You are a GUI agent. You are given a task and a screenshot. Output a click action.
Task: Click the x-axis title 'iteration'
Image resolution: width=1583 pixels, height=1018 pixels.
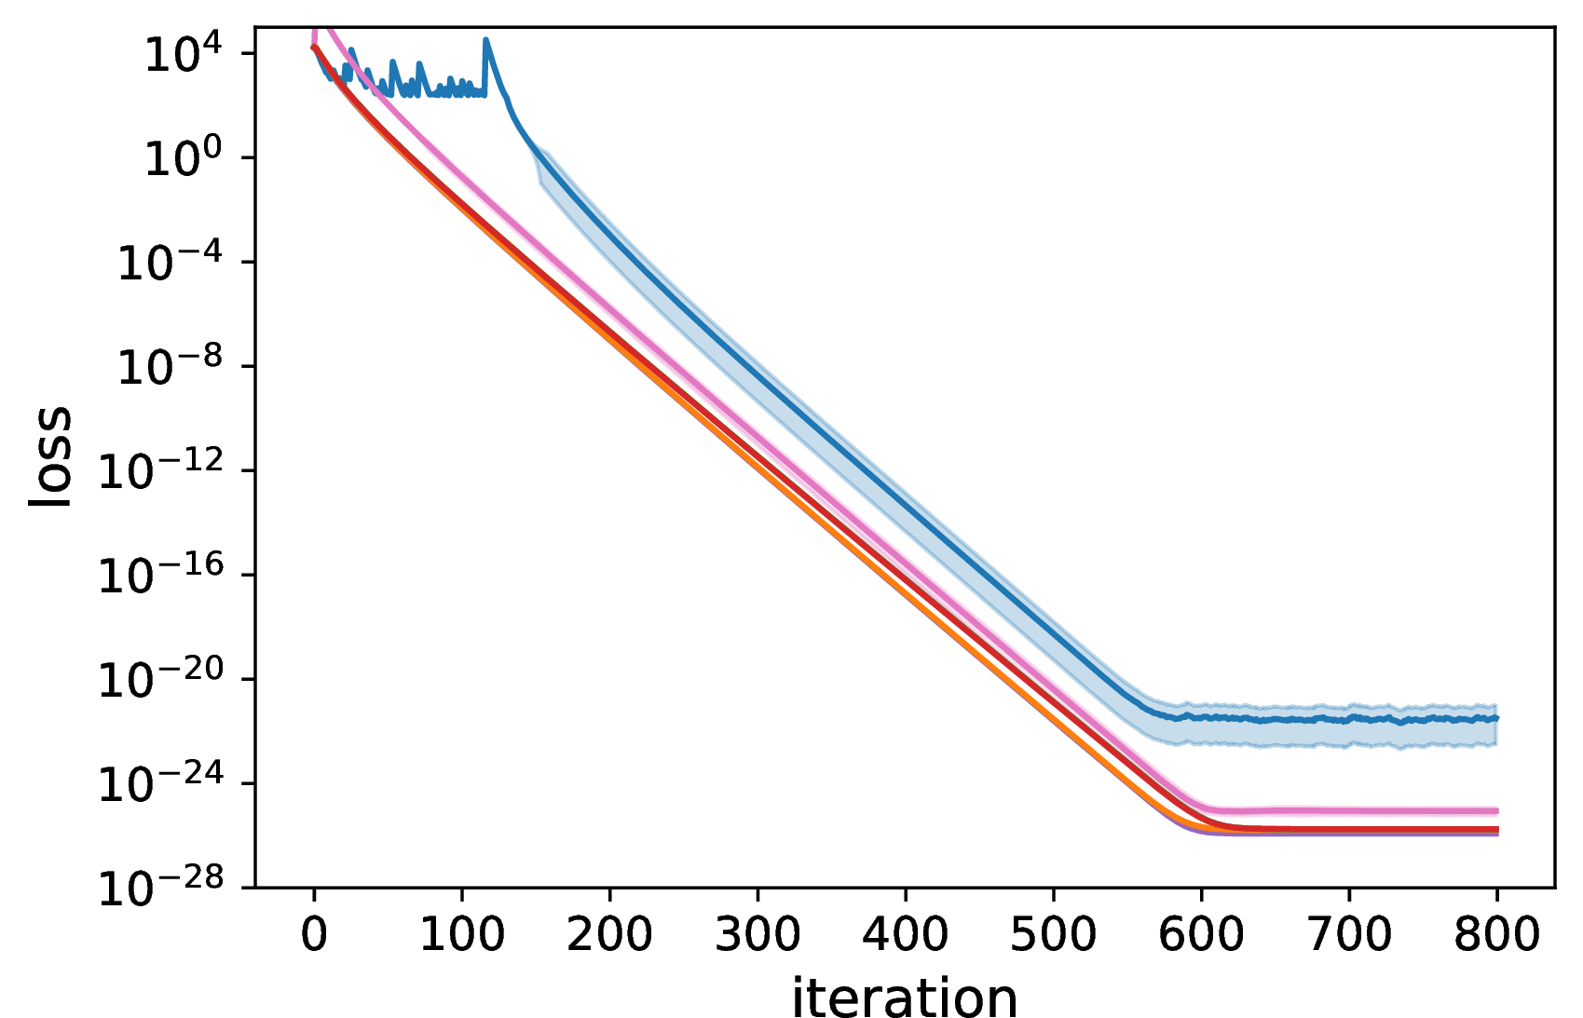905,996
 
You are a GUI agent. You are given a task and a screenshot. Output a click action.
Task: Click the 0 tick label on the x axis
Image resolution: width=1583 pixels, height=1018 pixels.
314,934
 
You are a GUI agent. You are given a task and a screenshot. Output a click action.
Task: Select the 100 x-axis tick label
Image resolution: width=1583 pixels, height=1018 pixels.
462,934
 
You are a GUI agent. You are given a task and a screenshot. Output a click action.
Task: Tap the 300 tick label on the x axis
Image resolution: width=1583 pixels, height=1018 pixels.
757,934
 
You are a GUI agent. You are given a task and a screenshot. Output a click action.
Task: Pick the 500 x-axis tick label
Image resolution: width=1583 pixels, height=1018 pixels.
1054,934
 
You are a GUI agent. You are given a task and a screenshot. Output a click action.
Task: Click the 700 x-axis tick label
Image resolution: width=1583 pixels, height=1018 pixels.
1349,934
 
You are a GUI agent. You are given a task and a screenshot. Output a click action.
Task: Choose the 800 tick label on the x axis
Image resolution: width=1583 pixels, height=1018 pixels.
1496,934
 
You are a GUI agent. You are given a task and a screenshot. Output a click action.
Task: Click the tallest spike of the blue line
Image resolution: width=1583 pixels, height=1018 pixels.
485,40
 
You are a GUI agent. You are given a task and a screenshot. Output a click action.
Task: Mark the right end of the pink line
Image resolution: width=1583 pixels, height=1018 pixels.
1496,810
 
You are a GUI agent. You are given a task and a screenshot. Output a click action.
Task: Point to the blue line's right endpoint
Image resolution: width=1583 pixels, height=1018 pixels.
1496,718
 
